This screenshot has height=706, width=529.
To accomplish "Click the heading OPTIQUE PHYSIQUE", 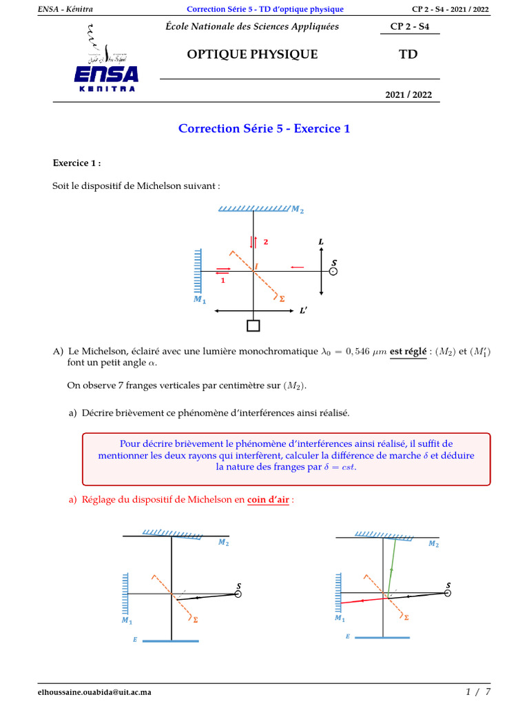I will point(252,54).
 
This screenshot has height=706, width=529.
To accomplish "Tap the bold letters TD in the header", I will point(408,54).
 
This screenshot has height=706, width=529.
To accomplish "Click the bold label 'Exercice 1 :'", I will point(76,163).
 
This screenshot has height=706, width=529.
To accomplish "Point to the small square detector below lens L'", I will point(253,326).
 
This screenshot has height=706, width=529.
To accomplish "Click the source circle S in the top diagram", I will point(333,272).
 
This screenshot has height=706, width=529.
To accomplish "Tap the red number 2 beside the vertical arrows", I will point(265,243).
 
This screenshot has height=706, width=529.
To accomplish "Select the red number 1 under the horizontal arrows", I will point(222,281).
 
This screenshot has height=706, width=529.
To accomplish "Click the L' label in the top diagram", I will point(303,311).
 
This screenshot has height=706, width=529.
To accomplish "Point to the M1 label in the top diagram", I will point(199,300).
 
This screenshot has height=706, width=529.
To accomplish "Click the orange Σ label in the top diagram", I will point(281,299).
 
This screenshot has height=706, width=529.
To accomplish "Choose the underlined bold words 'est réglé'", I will point(408,351).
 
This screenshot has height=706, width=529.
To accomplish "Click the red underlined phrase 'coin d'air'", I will point(269,500).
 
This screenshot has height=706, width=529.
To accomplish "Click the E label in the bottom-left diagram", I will point(135,640).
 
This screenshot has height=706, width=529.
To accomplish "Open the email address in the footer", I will point(94,692).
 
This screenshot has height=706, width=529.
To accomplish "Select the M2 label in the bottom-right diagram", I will point(433,544).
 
